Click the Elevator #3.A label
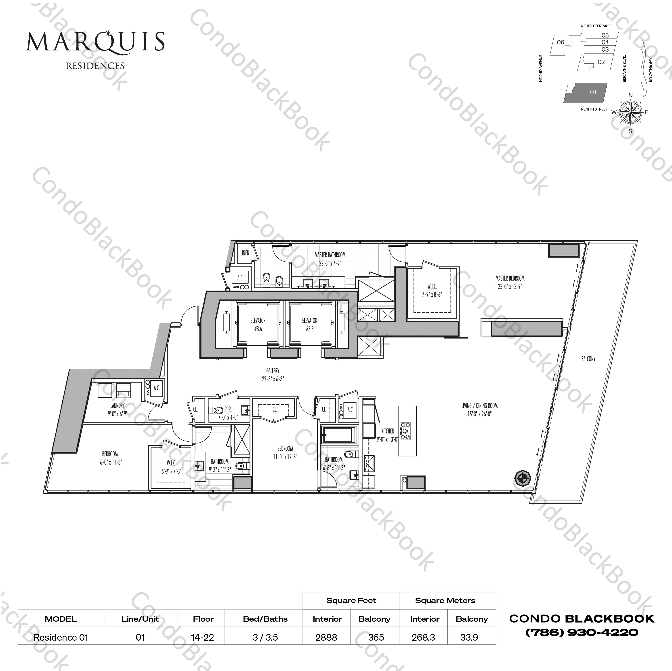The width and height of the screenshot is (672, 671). tap(258, 324)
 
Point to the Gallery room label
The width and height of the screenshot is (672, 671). tap(273, 371)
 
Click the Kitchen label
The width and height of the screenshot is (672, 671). tap(387, 431)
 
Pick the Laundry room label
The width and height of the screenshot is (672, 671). tap(118, 405)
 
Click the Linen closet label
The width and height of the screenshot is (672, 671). tap(245, 253)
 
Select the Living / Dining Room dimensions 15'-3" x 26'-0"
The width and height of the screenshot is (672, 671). tap(479, 414)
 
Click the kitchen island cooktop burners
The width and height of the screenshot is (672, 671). tap(405, 431)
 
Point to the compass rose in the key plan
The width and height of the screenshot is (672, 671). tap(630, 113)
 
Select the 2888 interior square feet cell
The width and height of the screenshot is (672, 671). tap(326, 637)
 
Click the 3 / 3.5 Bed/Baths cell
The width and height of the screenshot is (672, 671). tap(265, 637)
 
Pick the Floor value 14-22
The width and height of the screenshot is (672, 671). tap(202, 637)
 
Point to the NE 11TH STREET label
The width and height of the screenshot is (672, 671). tap(594, 109)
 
